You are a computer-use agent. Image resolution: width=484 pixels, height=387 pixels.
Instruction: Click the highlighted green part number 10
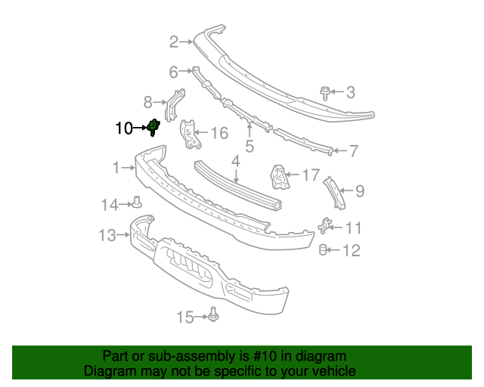click(154, 127)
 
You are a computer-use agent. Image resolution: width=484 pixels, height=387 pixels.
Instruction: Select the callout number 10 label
click(123, 128)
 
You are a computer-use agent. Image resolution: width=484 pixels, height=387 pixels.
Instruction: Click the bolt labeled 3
click(325, 93)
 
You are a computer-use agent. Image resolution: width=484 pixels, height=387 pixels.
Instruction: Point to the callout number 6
click(173, 73)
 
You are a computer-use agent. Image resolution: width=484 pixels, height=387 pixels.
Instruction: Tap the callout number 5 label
click(249, 146)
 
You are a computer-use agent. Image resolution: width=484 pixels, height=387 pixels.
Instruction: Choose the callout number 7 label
click(353, 151)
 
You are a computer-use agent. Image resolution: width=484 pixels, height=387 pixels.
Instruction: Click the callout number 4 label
click(235, 161)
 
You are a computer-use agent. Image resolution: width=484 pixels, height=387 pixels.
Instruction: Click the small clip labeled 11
click(326, 225)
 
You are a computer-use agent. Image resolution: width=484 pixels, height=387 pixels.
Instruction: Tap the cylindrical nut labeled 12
click(323, 250)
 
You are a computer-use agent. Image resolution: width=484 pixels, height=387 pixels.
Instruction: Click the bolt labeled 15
click(213, 314)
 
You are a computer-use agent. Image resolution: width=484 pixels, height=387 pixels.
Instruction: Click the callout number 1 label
click(116, 167)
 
